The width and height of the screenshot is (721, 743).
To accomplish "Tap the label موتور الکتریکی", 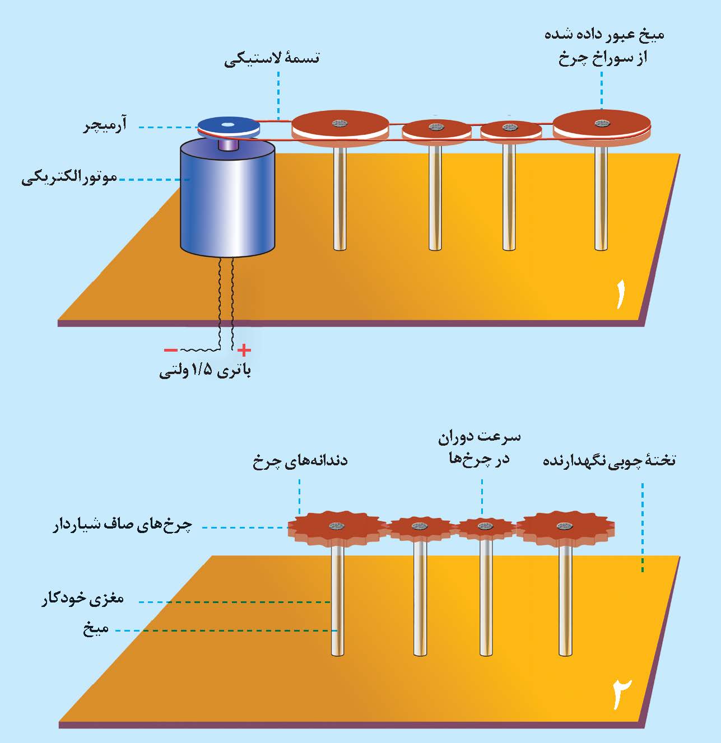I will tap(69, 179).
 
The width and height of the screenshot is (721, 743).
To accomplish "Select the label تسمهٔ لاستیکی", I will tap(272, 58).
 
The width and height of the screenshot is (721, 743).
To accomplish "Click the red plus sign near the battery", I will tap(244, 351).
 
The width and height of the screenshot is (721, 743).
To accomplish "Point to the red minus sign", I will tap(170, 351).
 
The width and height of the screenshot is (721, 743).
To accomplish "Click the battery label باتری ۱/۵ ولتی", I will tap(205, 371).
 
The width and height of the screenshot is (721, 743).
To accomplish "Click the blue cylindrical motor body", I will tap(227, 199).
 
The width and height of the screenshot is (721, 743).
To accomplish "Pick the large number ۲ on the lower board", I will tap(621, 693).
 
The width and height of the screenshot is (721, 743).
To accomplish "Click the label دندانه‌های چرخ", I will tap(300, 461).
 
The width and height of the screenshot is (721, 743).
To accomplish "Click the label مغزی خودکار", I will tap(83, 599).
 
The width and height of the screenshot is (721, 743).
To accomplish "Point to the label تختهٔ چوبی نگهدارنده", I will tap(610, 461).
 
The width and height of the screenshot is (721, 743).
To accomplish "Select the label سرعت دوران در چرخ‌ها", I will tap(479, 447).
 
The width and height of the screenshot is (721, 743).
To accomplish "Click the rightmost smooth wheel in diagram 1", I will tap(602, 125).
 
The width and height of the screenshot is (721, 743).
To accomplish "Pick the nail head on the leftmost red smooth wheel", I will tap(339, 123).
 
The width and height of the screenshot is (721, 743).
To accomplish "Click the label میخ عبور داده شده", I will tap(604, 35).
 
